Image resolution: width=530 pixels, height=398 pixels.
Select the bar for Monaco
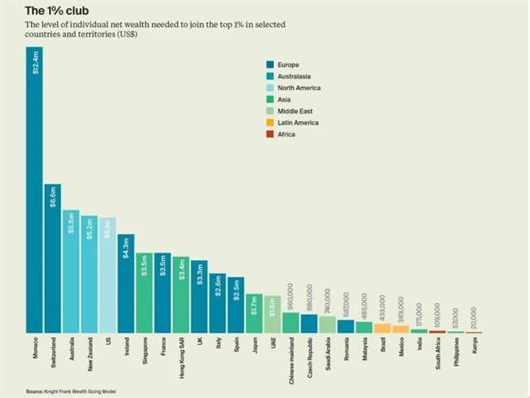(34, 191)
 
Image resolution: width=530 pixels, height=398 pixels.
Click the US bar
(108, 275)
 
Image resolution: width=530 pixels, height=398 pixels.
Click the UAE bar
(272, 314)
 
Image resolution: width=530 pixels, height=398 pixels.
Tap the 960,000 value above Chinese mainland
(291, 298)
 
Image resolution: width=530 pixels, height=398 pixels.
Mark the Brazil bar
(382, 328)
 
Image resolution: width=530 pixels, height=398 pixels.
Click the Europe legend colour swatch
(269, 64)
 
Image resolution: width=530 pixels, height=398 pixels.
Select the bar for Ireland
(126, 284)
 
